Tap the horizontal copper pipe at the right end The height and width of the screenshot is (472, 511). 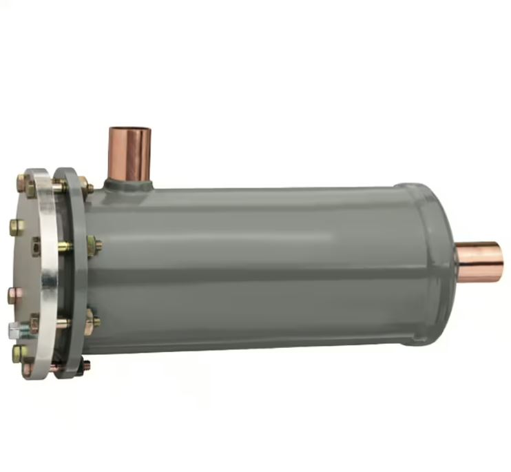point(481,262)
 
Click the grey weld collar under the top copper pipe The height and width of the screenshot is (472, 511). point(130,185)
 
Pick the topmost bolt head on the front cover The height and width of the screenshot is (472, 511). point(22,183)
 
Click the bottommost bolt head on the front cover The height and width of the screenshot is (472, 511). point(26,369)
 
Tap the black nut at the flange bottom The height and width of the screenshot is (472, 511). point(85,365)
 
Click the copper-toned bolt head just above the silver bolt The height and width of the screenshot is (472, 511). point(13,296)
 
